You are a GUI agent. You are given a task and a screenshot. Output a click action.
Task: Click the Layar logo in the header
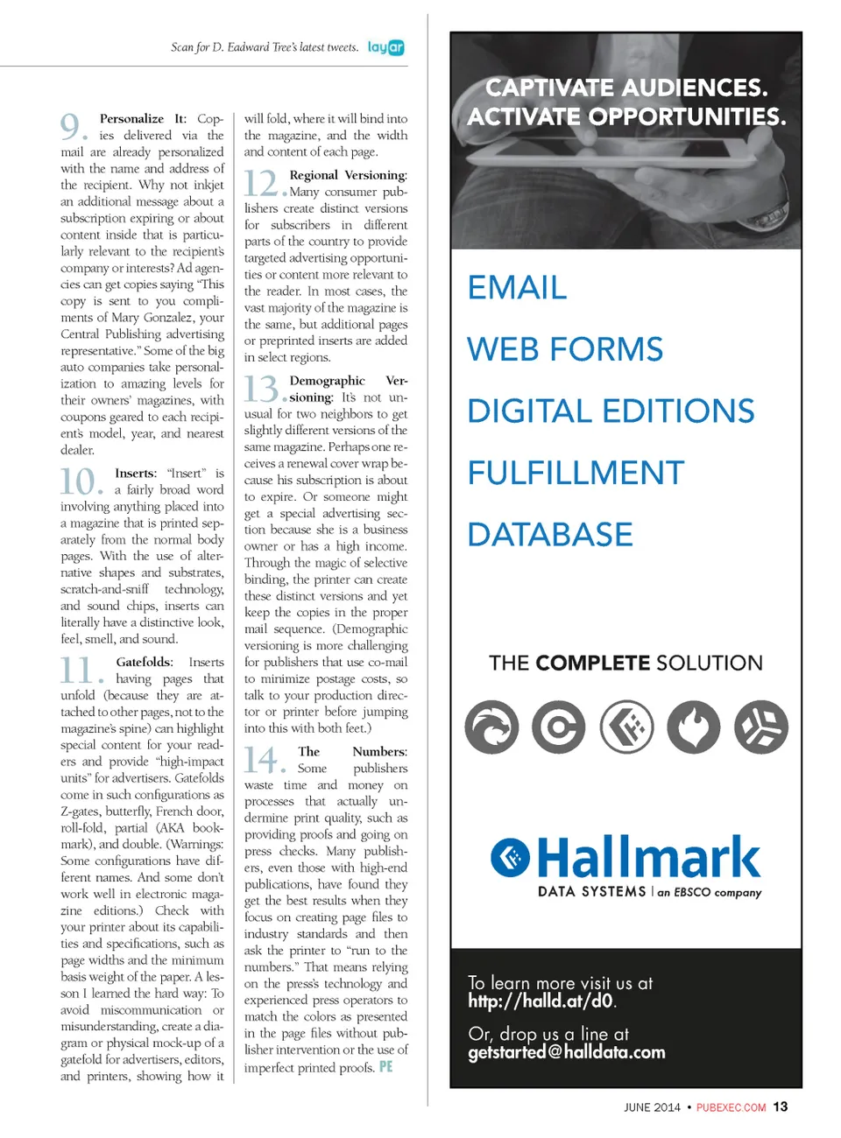click(x=385, y=47)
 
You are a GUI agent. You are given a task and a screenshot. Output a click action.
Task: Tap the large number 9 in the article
click(x=71, y=127)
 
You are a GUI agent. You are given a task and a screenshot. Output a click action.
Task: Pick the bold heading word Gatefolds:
click(x=145, y=663)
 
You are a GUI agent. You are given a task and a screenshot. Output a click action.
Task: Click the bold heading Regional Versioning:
click(x=348, y=175)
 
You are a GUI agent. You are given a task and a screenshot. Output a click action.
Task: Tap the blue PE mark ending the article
click(x=385, y=1067)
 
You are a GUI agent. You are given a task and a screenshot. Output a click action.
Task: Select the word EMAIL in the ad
click(x=517, y=288)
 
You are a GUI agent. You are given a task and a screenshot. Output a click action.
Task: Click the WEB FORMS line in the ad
click(x=565, y=349)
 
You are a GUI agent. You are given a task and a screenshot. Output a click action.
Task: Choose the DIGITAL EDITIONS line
click(x=611, y=411)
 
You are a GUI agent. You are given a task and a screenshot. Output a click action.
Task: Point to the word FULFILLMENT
click(x=576, y=473)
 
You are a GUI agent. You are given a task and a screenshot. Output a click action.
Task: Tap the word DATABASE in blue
click(x=550, y=535)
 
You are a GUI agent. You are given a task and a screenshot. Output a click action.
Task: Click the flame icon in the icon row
click(x=693, y=727)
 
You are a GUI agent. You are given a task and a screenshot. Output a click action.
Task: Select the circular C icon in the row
click(x=559, y=727)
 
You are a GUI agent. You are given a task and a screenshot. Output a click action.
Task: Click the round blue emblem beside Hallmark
click(x=510, y=858)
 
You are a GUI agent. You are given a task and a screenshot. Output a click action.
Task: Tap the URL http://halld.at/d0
click(x=541, y=1001)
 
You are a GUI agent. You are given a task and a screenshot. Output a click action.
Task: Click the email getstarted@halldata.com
click(x=567, y=1052)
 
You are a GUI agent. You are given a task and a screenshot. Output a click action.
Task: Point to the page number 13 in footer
click(x=780, y=1106)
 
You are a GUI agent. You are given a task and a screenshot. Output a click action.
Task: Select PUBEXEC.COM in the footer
click(x=731, y=1107)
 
